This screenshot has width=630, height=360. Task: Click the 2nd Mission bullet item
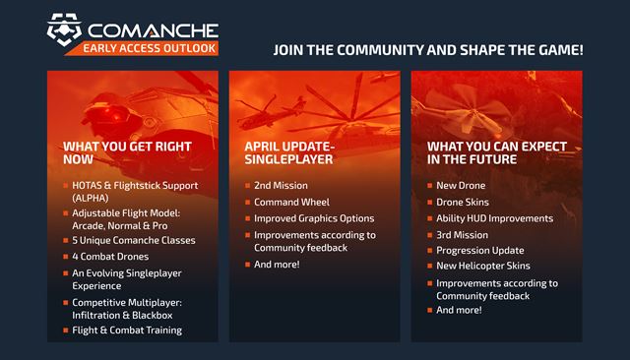tap(282, 186)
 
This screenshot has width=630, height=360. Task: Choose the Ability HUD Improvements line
tap(494, 218)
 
